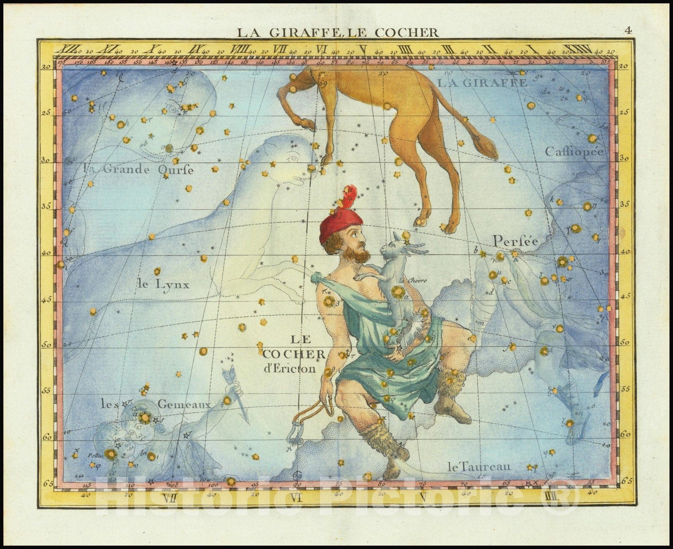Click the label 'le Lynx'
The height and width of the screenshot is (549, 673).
tap(163, 284)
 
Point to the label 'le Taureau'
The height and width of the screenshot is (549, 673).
tap(479, 466)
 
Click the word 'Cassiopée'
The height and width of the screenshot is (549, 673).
tap(574, 151)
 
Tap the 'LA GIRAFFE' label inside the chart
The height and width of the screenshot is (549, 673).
tap(482, 83)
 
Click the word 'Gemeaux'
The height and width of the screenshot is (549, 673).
tap(184, 404)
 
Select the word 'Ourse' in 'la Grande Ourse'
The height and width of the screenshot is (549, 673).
tap(176, 170)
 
